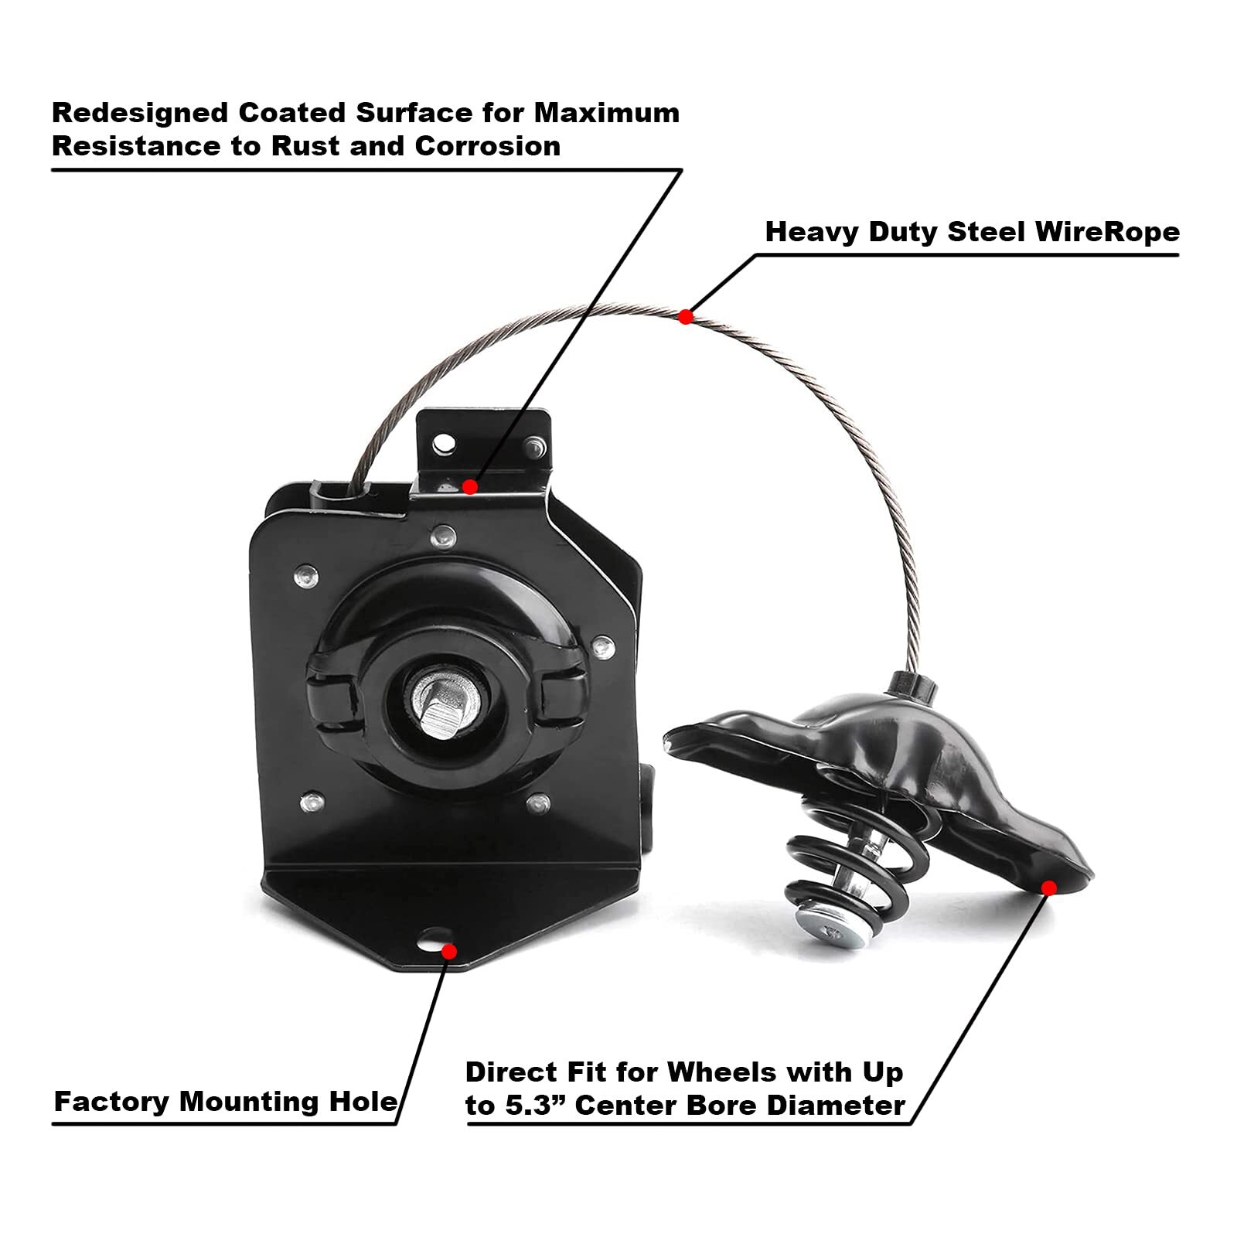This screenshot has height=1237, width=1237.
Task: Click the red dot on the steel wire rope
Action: click(685, 316)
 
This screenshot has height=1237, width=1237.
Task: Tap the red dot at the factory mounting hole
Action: click(448, 951)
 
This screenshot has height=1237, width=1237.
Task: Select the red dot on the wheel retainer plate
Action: click(1048, 888)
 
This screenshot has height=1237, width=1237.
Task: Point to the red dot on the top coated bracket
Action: click(469, 487)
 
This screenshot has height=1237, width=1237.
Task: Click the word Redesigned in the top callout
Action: click(139, 113)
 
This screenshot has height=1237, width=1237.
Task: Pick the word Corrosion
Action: click(487, 146)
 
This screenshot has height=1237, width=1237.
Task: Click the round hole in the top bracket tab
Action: click(444, 444)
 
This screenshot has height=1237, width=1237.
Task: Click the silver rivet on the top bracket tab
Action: click(535, 445)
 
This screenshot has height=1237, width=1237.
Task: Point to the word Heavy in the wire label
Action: click(812, 232)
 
